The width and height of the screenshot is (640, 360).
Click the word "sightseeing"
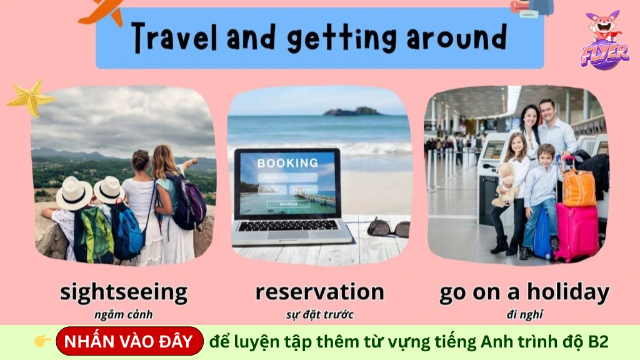(124, 292)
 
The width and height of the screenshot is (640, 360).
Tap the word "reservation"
(319, 291)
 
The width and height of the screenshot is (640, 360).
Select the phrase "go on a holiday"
(524, 291)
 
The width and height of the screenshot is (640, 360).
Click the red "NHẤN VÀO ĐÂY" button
(129, 341)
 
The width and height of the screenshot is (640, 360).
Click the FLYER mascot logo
(604, 40)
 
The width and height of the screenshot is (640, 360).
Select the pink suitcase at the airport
(576, 231)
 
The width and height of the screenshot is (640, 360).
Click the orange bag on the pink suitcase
(579, 186)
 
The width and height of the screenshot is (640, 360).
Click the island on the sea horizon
(352, 111)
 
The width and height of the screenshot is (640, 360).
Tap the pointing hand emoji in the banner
(42, 341)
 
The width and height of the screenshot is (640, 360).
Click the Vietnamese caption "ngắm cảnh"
(123, 314)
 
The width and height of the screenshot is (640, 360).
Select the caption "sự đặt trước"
(319, 314)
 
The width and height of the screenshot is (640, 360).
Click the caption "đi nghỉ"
(524, 314)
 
